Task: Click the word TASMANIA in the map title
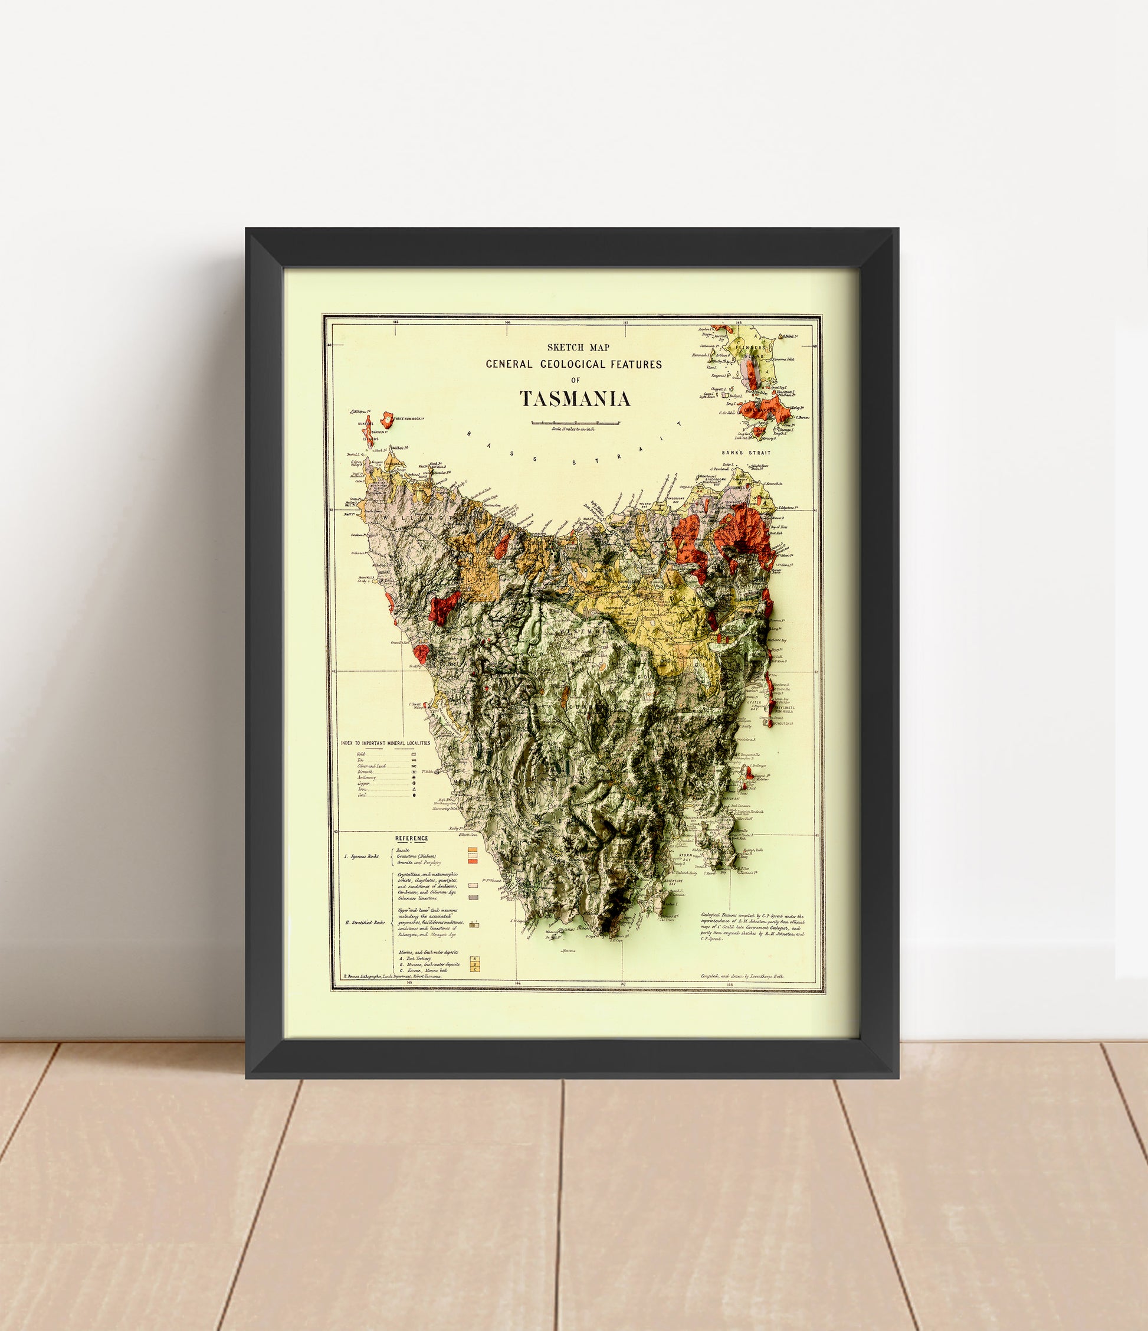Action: coord(575,400)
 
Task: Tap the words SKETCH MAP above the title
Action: coord(574,348)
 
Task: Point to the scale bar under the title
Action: coord(575,422)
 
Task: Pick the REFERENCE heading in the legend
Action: coord(412,838)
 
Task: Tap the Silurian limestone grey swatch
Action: coord(473,897)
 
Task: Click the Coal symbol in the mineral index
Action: coord(415,795)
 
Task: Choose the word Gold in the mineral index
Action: coord(361,753)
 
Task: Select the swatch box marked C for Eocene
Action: coord(474,969)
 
